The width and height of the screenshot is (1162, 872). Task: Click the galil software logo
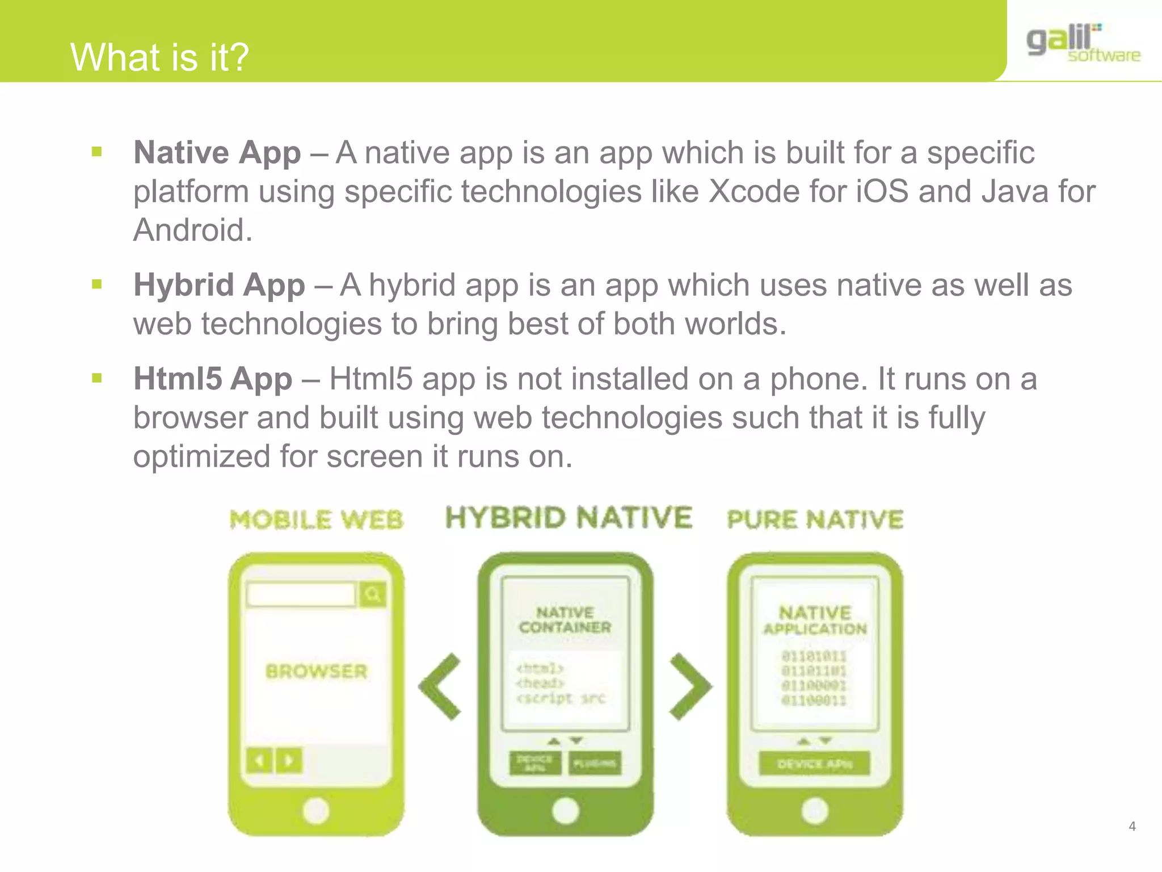coord(1083,43)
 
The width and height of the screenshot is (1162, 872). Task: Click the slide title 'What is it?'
coord(159,57)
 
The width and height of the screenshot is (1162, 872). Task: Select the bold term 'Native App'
coord(217,153)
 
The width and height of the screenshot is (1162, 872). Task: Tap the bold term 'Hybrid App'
coord(219,285)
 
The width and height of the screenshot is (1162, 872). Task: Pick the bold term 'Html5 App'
coord(213,379)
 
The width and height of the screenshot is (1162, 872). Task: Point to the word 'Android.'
coord(193,230)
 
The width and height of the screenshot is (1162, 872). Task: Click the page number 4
coord(1132,827)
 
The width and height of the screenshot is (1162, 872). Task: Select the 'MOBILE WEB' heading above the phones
coord(316,520)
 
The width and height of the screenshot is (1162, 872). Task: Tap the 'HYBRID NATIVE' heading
coord(569,518)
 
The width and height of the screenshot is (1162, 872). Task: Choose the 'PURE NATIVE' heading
coord(815,519)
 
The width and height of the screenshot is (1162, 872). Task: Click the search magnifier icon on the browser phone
coord(373,594)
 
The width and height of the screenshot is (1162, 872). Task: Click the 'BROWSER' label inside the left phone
coord(316,672)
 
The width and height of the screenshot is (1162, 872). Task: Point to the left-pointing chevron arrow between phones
coord(440,686)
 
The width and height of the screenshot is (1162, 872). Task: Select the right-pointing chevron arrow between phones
coord(690,686)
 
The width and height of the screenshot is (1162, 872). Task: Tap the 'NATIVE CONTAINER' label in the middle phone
coord(565,620)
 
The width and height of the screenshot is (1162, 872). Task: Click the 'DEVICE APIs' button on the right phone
coord(814,764)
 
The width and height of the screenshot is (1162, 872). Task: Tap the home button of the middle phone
coord(565,811)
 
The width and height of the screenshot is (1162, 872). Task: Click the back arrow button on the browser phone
coord(259,760)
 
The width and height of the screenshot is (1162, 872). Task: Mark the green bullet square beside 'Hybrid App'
coord(97,284)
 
